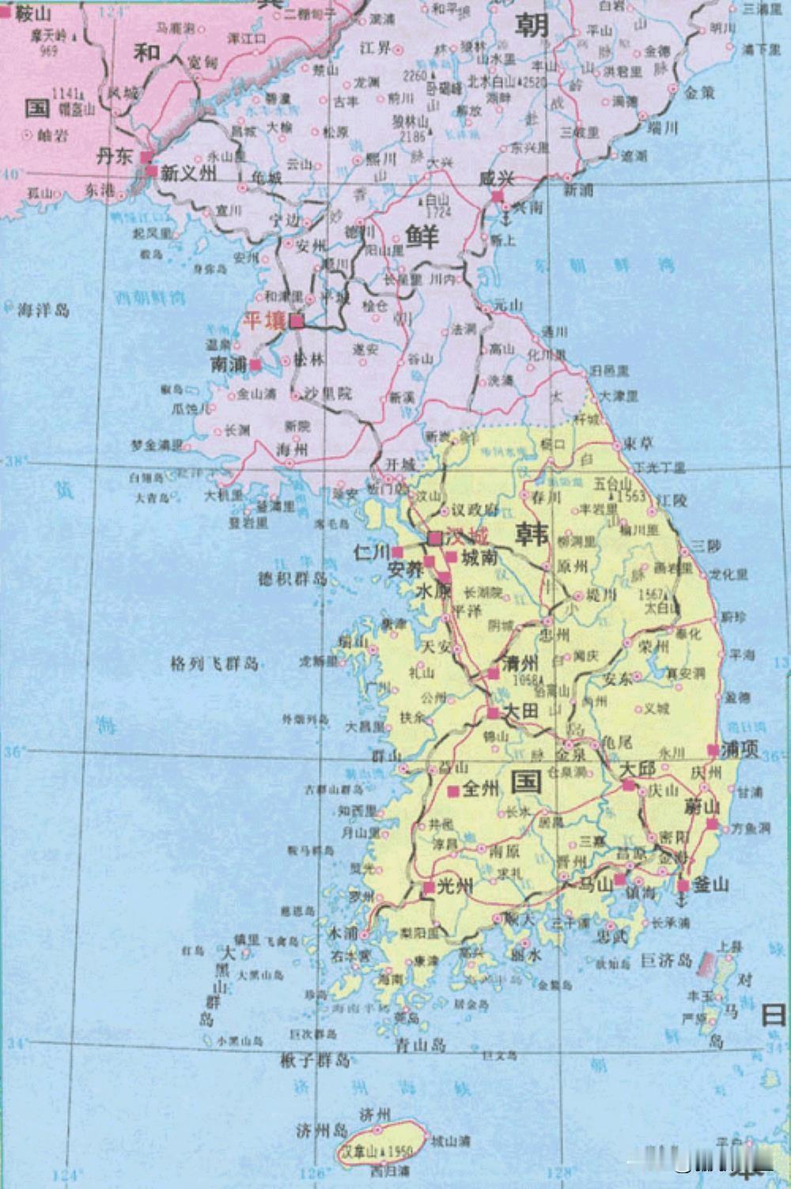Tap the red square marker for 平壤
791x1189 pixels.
(297, 321)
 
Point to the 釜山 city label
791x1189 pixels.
(710, 885)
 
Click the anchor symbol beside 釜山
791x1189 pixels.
(682, 886)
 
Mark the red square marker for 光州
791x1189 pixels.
(428, 888)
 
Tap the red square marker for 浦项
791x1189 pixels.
(713, 749)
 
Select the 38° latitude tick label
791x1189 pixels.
(14, 462)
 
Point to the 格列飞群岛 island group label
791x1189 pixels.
(215, 663)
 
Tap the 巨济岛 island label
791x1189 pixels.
(666, 961)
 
